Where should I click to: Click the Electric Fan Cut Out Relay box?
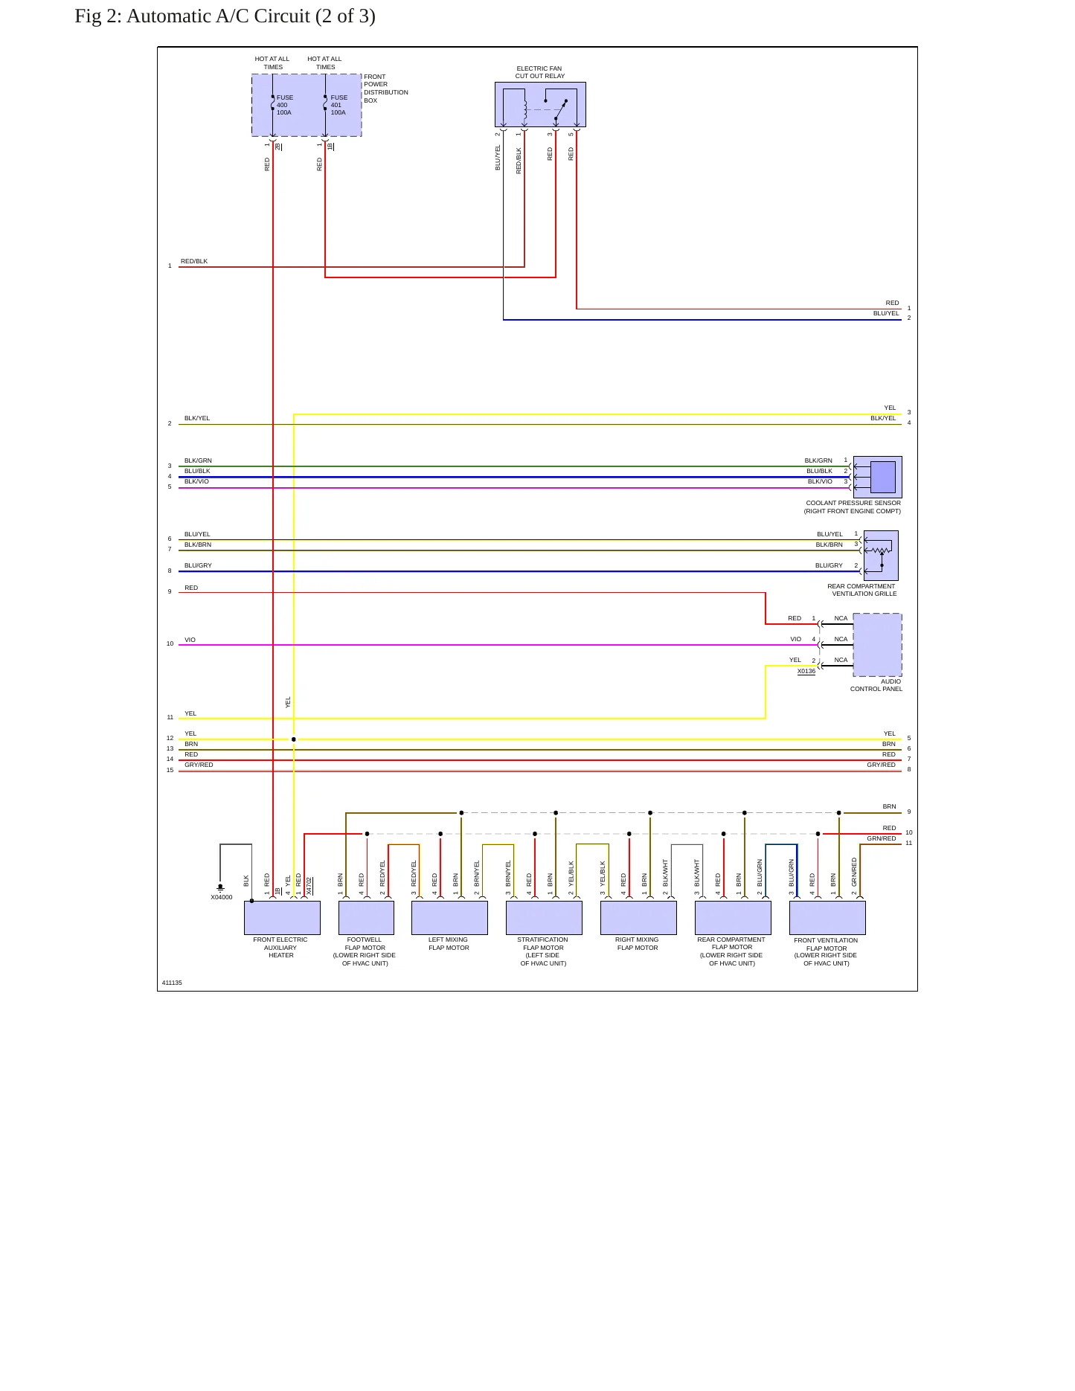point(540,104)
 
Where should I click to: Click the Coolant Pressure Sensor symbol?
point(878,477)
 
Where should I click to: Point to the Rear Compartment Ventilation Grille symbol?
point(881,555)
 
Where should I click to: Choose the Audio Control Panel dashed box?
point(877,645)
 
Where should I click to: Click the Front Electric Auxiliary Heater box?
point(282,918)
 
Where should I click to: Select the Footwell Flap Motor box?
point(366,918)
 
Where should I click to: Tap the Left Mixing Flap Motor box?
point(449,918)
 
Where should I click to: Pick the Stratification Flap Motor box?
point(544,918)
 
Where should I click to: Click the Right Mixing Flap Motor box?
point(638,918)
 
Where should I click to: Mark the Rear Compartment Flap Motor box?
point(733,918)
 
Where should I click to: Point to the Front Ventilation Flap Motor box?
point(827,918)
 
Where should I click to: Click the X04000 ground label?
point(222,897)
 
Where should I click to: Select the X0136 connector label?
point(806,671)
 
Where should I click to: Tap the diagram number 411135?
point(172,983)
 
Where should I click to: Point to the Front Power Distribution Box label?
point(385,89)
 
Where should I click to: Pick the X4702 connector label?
point(309,885)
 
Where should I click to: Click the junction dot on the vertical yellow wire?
point(294,739)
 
